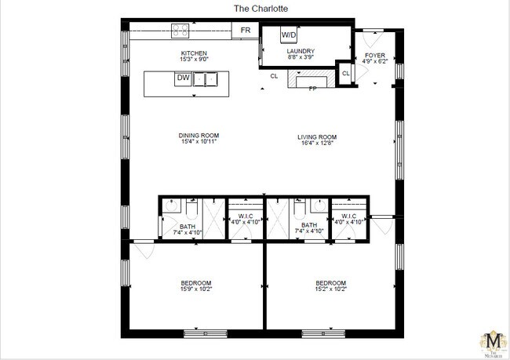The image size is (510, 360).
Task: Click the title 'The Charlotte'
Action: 255,9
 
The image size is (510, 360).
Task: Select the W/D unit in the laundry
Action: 289,35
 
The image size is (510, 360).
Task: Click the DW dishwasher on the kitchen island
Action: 182,78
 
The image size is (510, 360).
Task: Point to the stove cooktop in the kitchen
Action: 180,31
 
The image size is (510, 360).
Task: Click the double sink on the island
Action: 206,78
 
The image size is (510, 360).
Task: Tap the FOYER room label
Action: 374,56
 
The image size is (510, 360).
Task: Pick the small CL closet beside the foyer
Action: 344,75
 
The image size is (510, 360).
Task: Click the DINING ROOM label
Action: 196,135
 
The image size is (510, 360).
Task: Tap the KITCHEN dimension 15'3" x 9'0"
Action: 194,60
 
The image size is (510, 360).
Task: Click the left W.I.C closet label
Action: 239,218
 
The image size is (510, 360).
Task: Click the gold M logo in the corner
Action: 493,342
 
